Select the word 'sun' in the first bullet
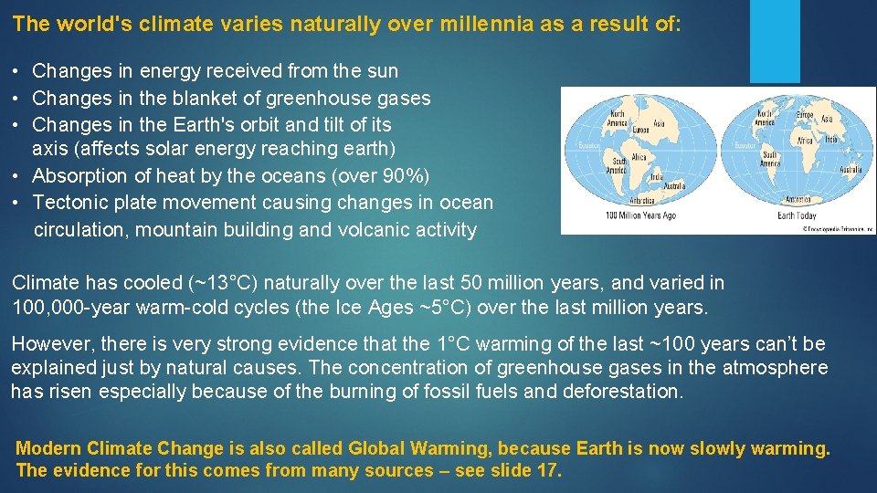coord(383,71)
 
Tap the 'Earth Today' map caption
coord(797,215)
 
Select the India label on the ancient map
coord(638,157)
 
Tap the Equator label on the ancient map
coord(582,145)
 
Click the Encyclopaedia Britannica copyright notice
coord(838,229)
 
